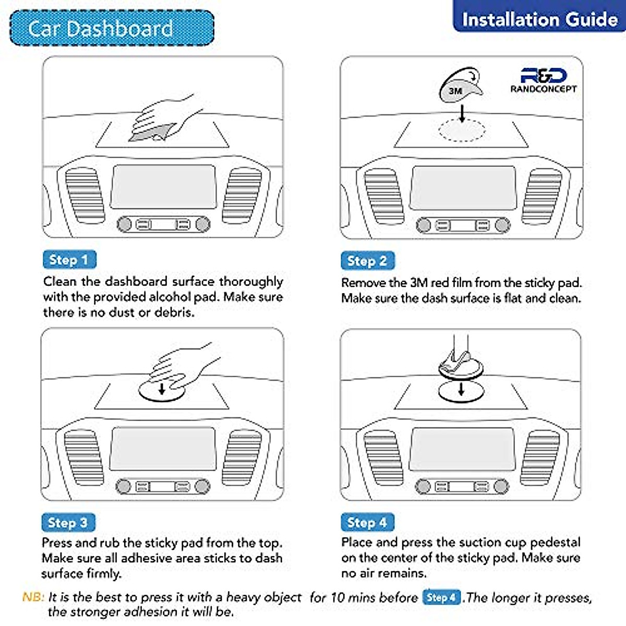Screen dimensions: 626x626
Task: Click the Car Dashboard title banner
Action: [x=112, y=28]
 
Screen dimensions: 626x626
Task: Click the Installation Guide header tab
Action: [x=539, y=19]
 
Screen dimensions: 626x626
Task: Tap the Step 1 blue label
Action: [x=69, y=259]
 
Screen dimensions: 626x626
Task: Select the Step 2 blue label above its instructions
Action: [x=367, y=260]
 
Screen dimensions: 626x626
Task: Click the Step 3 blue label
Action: [x=68, y=522]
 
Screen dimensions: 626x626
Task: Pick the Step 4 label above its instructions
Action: [x=367, y=522]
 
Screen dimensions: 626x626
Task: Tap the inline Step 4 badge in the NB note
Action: [x=441, y=597]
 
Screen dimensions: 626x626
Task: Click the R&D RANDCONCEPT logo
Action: [x=544, y=80]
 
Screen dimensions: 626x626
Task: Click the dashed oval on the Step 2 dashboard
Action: [x=462, y=130]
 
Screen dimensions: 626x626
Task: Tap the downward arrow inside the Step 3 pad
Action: [x=162, y=389]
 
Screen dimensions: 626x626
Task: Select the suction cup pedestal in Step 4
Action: [x=460, y=360]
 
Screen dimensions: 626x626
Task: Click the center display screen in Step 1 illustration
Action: [x=163, y=187]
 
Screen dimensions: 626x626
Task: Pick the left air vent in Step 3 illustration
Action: [x=83, y=457]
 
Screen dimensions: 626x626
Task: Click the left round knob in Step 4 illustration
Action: [x=423, y=487]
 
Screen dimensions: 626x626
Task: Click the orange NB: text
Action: [x=33, y=597]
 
